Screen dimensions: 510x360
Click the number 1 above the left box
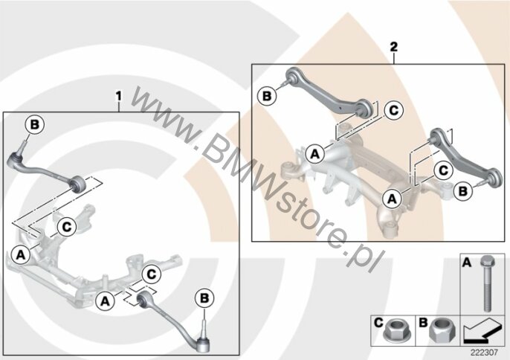[119, 96]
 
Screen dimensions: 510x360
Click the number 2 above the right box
[393, 47]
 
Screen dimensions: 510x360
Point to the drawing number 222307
[484, 352]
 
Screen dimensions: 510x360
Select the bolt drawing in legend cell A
[487, 284]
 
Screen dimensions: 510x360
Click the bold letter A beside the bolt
[467, 263]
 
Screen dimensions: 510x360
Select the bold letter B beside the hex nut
[423, 323]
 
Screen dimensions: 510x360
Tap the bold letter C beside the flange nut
[378, 323]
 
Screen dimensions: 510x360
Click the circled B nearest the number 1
[35, 125]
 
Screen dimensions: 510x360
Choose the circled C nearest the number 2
[393, 111]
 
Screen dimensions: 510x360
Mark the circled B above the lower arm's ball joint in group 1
[204, 298]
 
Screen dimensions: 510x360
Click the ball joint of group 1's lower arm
[203, 344]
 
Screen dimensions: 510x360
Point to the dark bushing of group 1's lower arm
[143, 299]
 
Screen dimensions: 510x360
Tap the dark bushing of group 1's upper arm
[78, 184]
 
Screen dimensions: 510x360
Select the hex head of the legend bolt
[487, 261]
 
